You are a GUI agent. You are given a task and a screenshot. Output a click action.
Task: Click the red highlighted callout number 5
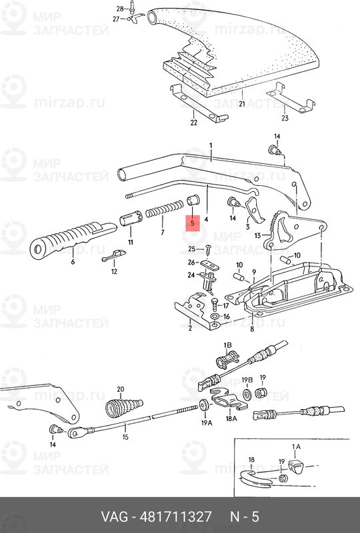(192, 223)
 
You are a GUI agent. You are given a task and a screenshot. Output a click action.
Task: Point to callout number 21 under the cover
(242, 104)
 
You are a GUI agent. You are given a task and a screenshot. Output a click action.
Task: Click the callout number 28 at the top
(120, 8)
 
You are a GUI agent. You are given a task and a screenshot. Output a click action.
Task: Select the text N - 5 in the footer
(244, 517)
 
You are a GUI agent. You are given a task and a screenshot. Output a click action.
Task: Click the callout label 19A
(206, 422)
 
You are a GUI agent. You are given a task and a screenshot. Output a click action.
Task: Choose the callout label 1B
(227, 346)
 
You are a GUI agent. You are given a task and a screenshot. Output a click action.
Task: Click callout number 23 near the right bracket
(285, 119)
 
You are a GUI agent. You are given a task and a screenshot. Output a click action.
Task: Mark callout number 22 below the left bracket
(193, 123)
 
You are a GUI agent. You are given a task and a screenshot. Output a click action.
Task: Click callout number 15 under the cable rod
(124, 438)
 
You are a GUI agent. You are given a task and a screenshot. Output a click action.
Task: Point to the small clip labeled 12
(114, 257)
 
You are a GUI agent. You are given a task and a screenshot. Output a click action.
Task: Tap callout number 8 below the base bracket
(251, 329)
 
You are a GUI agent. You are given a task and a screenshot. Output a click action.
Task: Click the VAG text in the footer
(115, 517)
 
